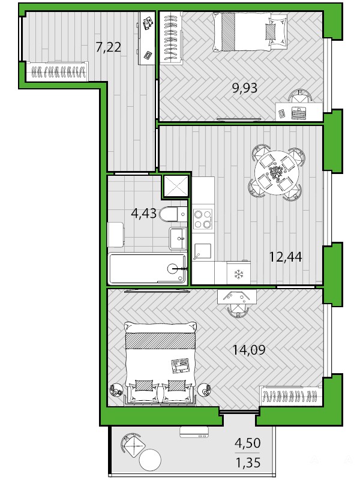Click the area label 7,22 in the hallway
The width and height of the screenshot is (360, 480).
point(109,47)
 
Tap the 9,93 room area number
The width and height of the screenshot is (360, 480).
point(245,88)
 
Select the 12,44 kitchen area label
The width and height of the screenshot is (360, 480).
point(286,257)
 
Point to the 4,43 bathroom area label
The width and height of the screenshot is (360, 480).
point(143,213)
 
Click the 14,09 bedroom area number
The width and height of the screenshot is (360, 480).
point(249,349)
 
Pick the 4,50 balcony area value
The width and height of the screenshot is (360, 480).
point(248,443)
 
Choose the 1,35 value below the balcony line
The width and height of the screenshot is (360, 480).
point(248,463)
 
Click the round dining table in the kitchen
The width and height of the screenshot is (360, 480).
point(276,173)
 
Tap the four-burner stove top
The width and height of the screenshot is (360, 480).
point(203,219)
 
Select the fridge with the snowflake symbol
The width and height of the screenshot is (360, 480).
point(238,272)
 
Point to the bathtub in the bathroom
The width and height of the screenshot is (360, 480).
point(148,268)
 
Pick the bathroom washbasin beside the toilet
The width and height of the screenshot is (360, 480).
point(178,239)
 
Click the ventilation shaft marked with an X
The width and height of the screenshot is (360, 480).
point(176,185)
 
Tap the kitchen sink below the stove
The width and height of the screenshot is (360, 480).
point(203,251)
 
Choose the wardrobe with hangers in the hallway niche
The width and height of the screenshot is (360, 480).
point(57,71)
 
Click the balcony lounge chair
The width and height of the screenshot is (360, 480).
point(133,445)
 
